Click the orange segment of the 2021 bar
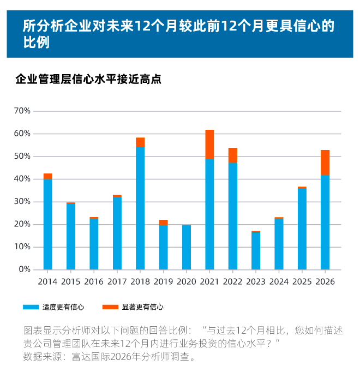(209, 145)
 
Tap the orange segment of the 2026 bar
(325, 163)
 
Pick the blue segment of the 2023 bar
(256, 251)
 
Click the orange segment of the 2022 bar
(233, 155)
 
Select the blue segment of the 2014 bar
(48, 224)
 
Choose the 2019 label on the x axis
(163, 282)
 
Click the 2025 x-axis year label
(302, 282)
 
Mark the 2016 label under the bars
(94, 282)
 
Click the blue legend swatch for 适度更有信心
(31, 307)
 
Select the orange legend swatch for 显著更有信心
(110, 307)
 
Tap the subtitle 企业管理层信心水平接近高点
(88, 79)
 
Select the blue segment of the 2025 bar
(302, 229)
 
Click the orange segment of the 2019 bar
(163, 223)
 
